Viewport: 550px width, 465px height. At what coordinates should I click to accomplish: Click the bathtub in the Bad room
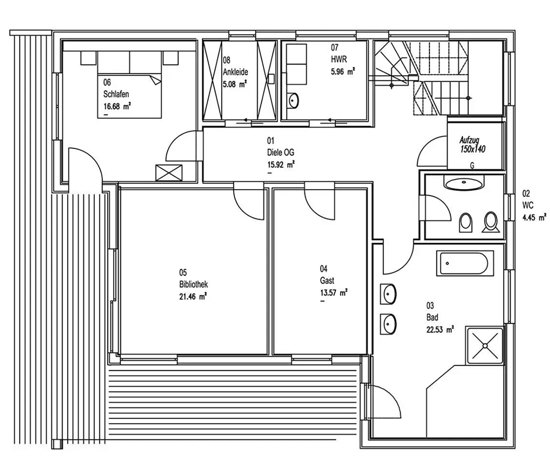click(465, 263)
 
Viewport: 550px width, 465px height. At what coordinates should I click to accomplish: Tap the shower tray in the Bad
click(484, 346)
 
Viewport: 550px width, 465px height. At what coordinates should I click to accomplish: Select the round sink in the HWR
click(293, 100)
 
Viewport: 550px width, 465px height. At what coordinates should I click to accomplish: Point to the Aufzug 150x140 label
click(472, 145)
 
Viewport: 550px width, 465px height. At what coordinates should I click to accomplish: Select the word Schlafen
click(116, 94)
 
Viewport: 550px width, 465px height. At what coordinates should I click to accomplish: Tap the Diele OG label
click(280, 152)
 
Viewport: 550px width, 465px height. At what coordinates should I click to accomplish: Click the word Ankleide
click(235, 72)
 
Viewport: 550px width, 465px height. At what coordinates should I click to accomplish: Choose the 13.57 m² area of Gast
click(334, 293)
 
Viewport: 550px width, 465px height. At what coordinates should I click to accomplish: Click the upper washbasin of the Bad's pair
click(388, 294)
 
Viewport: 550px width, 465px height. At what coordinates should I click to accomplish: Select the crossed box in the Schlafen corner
click(169, 173)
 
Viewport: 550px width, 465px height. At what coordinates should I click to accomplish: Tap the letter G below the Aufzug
click(472, 165)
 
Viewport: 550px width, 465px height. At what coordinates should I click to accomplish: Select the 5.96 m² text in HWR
click(343, 71)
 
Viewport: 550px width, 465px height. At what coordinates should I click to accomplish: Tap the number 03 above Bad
click(430, 306)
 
